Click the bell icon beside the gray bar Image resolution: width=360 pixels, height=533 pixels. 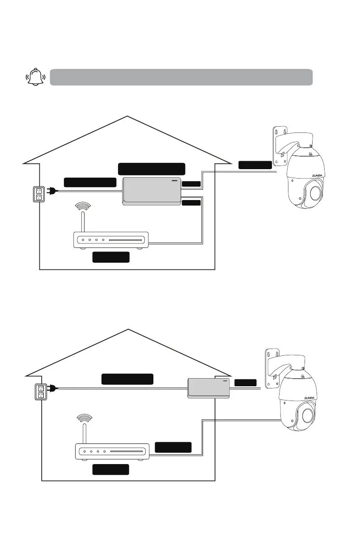[x=36, y=77]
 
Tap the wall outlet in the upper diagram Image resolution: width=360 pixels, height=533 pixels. [x=38, y=193]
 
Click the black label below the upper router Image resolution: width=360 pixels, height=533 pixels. [x=111, y=257]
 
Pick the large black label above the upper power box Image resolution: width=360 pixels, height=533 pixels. [x=151, y=169]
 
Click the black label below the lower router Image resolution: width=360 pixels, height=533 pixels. [x=111, y=469]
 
